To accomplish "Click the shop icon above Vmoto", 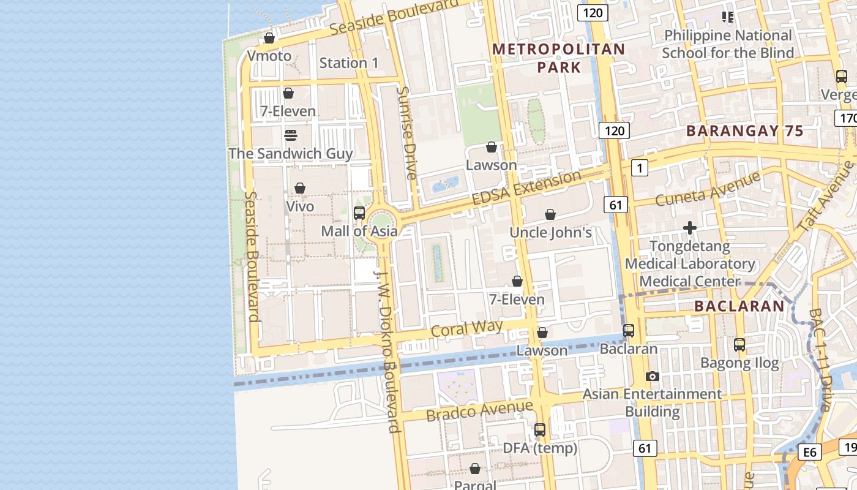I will tap(269, 38).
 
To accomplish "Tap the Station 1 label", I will tap(349, 62).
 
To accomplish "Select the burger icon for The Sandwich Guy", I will tap(291, 135).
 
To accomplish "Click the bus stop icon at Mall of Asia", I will tap(359, 213).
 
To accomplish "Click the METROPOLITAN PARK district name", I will tap(559, 58).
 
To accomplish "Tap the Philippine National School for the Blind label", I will tap(727, 44).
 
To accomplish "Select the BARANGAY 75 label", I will tap(744, 130).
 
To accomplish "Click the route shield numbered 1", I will tap(640, 167).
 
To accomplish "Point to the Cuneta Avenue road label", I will tap(707, 189).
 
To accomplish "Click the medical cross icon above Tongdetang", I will tap(690, 228).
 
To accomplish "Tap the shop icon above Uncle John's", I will tap(550, 214).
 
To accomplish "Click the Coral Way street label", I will tap(466, 328).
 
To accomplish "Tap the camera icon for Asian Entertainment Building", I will tap(653, 376).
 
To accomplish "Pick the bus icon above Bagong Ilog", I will tap(739, 345).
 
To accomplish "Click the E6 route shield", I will tap(809, 452).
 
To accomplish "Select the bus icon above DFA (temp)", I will tap(539, 430).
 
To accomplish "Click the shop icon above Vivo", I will tap(300, 188).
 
